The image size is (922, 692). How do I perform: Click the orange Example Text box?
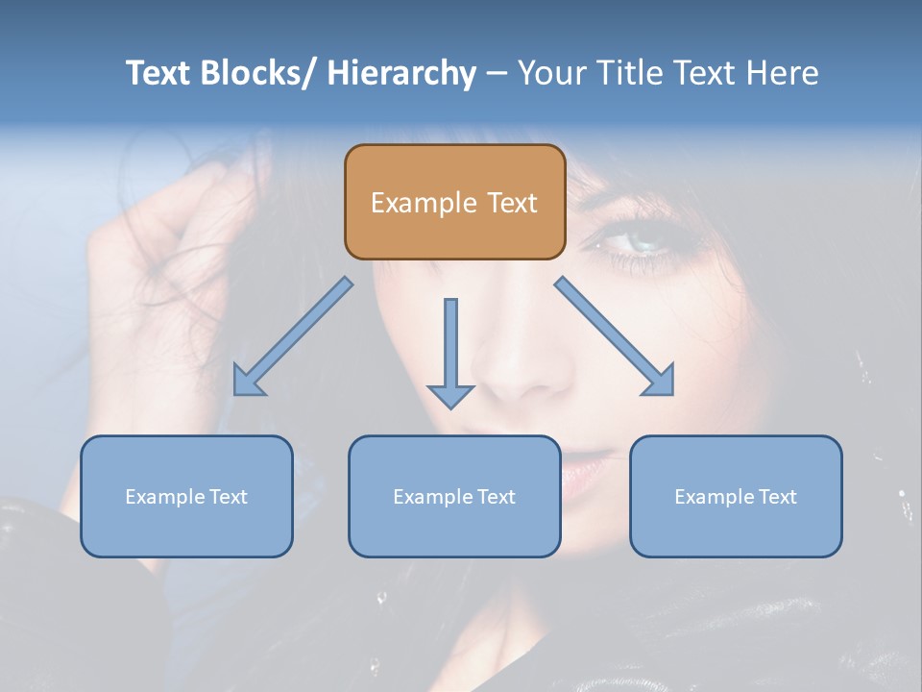(x=454, y=202)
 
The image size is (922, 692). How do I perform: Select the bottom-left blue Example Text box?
(x=186, y=496)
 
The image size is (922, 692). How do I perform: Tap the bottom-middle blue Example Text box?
(x=454, y=496)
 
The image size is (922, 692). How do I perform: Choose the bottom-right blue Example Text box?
(x=736, y=496)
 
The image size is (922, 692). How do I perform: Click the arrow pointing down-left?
(x=294, y=336)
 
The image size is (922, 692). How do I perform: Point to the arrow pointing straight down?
(x=450, y=351)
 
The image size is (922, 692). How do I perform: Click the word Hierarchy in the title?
(x=401, y=73)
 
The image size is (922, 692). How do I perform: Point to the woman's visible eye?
(x=636, y=238)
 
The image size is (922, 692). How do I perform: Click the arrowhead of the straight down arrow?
(x=450, y=396)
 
